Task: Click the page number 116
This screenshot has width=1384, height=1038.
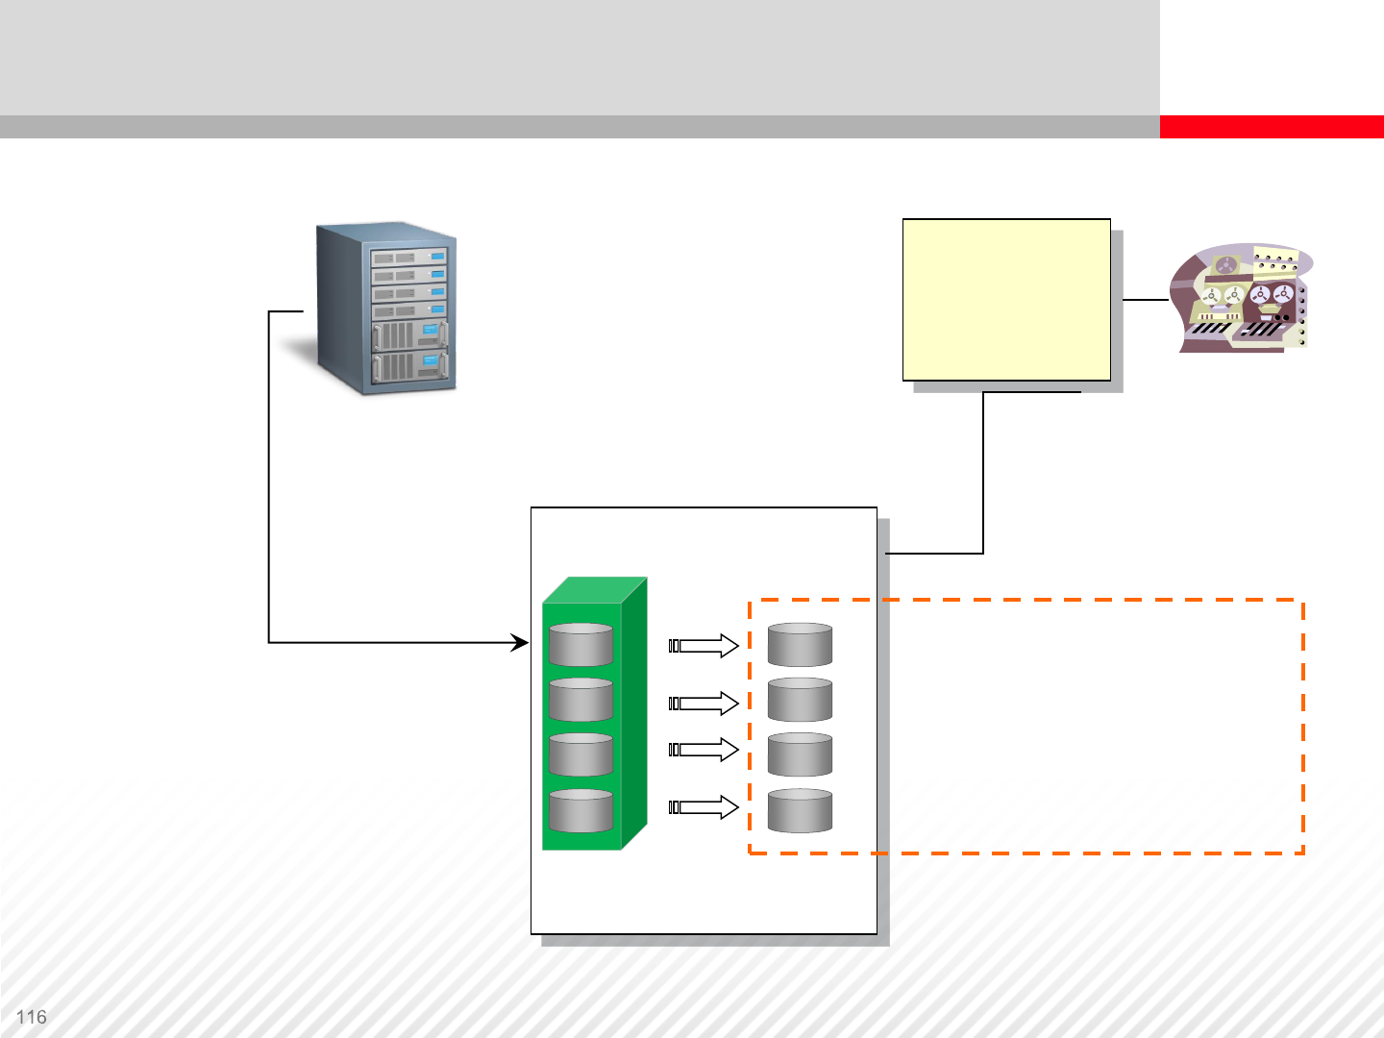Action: [x=32, y=1017]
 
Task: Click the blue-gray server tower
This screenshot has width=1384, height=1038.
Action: [x=387, y=309]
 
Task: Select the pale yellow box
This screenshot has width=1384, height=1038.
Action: [x=1006, y=300]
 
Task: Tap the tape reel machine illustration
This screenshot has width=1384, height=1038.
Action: [x=1242, y=298]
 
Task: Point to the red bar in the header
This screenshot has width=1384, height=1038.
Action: [x=1271, y=127]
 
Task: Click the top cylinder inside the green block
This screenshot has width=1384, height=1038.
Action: [x=581, y=645]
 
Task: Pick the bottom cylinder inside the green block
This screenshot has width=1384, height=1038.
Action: [x=581, y=811]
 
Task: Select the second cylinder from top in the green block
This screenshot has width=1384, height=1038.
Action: [x=581, y=700]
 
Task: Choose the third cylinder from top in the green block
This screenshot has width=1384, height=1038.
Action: [x=581, y=755]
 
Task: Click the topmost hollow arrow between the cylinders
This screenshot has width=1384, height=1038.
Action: [x=704, y=646]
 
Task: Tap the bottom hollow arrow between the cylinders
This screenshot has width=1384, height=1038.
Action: [x=704, y=807]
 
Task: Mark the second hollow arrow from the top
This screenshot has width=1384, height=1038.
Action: [x=704, y=704]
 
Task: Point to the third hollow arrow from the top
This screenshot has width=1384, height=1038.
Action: [x=704, y=750]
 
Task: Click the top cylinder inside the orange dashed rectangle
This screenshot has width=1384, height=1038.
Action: [x=800, y=645]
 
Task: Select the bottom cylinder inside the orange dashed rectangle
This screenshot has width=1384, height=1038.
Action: [x=800, y=811]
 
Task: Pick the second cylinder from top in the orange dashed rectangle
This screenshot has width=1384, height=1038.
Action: [x=800, y=700]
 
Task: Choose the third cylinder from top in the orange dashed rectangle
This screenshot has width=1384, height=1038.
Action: [x=800, y=755]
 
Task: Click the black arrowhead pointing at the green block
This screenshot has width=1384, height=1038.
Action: [x=521, y=642]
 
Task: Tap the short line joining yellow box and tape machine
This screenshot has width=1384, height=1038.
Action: [x=1145, y=300]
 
